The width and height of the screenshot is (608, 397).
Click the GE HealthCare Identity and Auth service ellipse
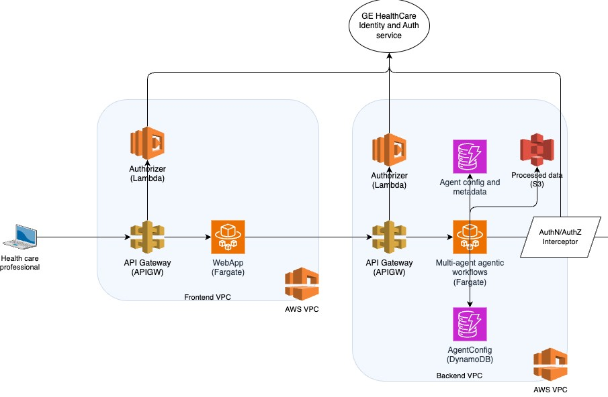[389, 25]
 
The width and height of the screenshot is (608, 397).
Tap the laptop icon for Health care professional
[20, 237]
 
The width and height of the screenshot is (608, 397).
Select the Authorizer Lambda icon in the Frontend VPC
[147, 143]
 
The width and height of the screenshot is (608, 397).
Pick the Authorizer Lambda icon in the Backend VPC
[389, 150]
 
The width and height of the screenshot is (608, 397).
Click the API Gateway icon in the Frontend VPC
[147, 237]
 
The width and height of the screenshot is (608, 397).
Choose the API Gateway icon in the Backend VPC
[389, 237]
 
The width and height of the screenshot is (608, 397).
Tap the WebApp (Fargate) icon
[228, 237]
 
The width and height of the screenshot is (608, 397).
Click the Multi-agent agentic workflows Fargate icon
[470, 237]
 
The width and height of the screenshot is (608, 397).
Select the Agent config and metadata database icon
[470, 157]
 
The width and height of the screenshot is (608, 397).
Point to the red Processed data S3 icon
[537, 150]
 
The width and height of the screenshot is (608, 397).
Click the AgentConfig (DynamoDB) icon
[470, 325]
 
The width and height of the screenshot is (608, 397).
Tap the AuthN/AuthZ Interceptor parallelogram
[560, 237]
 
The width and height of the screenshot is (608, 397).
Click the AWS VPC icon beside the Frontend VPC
[302, 284]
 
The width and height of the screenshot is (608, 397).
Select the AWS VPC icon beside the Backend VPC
[551, 364]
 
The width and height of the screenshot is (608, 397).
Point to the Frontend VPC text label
[208, 297]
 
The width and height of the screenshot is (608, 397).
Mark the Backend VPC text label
[460, 376]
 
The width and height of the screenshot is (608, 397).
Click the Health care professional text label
[19, 263]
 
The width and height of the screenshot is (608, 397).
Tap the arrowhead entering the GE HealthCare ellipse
[389, 56]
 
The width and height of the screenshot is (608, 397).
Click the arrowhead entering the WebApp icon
[208, 237]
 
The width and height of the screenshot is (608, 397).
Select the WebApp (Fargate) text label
[228, 268]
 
